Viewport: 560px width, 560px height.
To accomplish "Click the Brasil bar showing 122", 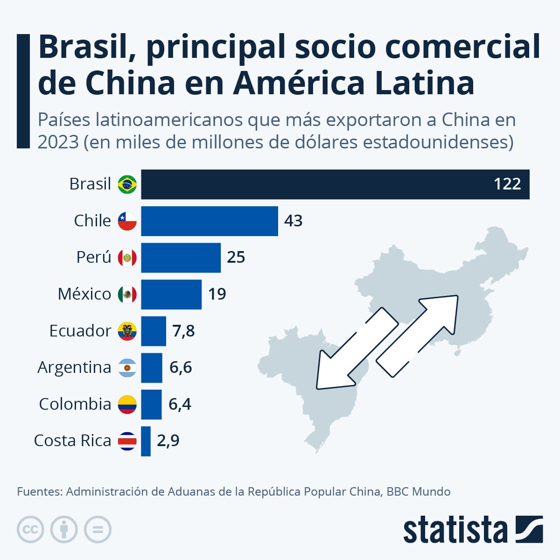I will [x=335, y=184].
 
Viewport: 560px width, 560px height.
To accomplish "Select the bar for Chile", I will [x=210, y=221].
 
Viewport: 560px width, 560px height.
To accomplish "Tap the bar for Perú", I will [x=181, y=258].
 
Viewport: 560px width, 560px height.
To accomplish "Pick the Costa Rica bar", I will [x=146, y=441].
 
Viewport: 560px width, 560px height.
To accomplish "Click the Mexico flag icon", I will [x=127, y=294].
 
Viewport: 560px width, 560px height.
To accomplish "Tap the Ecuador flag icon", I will [x=127, y=331].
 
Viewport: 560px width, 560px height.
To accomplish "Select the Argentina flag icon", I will [x=127, y=368].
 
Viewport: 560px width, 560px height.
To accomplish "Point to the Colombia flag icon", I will [x=127, y=405].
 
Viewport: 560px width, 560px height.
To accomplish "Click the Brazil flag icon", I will [x=127, y=184].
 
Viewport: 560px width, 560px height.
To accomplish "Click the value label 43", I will [x=293, y=221].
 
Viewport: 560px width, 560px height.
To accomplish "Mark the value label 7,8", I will [x=183, y=331].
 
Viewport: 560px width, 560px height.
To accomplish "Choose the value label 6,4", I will [x=180, y=405].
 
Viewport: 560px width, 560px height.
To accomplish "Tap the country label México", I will [x=84, y=294].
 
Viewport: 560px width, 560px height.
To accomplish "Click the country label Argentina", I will [x=74, y=368].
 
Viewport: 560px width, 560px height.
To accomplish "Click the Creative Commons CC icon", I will [x=30, y=530].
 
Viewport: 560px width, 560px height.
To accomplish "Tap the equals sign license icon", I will [x=98, y=530].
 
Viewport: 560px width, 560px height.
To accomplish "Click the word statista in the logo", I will [x=455, y=530].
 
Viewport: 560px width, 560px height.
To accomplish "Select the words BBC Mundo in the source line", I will [x=418, y=492].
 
